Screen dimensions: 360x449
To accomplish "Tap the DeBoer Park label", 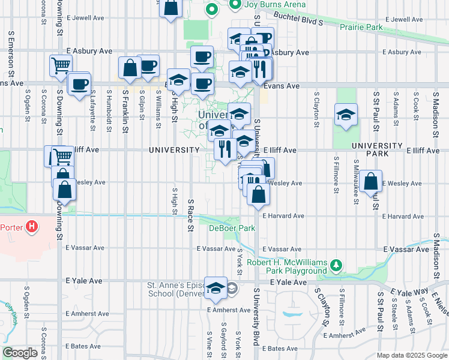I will click(232, 228).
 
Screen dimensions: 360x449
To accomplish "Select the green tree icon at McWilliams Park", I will click(337, 264).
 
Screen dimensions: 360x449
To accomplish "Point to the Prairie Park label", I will click(361, 27).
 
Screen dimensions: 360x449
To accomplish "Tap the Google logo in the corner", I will click(20, 353).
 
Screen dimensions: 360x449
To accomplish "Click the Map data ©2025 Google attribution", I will click(412, 355).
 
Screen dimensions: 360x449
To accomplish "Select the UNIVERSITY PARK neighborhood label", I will click(377, 149).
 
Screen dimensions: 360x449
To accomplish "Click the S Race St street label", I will click(190, 215).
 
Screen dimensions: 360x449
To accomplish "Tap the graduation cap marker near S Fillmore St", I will click(346, 115).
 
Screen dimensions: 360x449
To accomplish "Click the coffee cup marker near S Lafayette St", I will click(79, 84).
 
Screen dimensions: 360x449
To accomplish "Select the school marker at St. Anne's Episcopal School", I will click(215, 288).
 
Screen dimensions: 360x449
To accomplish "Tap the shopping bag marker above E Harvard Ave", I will click(258, 195).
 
